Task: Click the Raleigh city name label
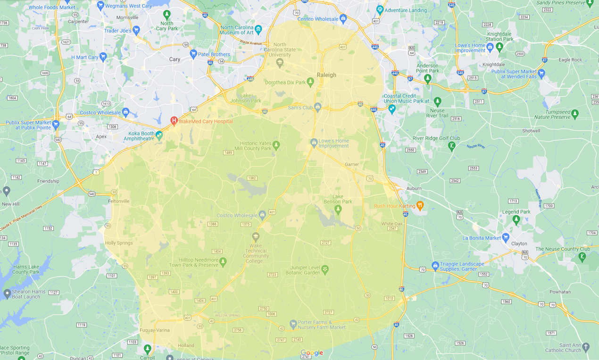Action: click(x=326, y=75)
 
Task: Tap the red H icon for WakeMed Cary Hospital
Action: click(x=174, y=121)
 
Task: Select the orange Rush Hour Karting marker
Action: click(x=420, y=205)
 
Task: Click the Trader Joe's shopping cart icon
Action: click(x=136, y=31)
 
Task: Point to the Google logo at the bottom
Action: click(x=312, y=353)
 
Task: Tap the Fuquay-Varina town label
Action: click(x=154, y=330)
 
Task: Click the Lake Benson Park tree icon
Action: click(x=338, y=209)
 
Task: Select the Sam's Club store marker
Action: click(x=318, y=107)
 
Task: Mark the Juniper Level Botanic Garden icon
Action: click(x=325, y=269)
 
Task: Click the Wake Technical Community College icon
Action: click(x=256, y=236)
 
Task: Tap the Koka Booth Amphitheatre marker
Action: click(x=159, y=135)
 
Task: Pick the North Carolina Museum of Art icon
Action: click(x=258, y=30)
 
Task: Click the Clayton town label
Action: click(x=519, y=244)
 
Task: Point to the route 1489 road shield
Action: click(x=228, y=152)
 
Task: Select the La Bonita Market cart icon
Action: click(x=506, y=237)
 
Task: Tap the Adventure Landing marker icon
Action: click(x=380, y=10)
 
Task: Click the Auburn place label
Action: click(x=414, y=188)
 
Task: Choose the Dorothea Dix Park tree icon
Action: click(x=310, y=82)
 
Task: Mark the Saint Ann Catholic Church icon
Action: click(x=586, y=347)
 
